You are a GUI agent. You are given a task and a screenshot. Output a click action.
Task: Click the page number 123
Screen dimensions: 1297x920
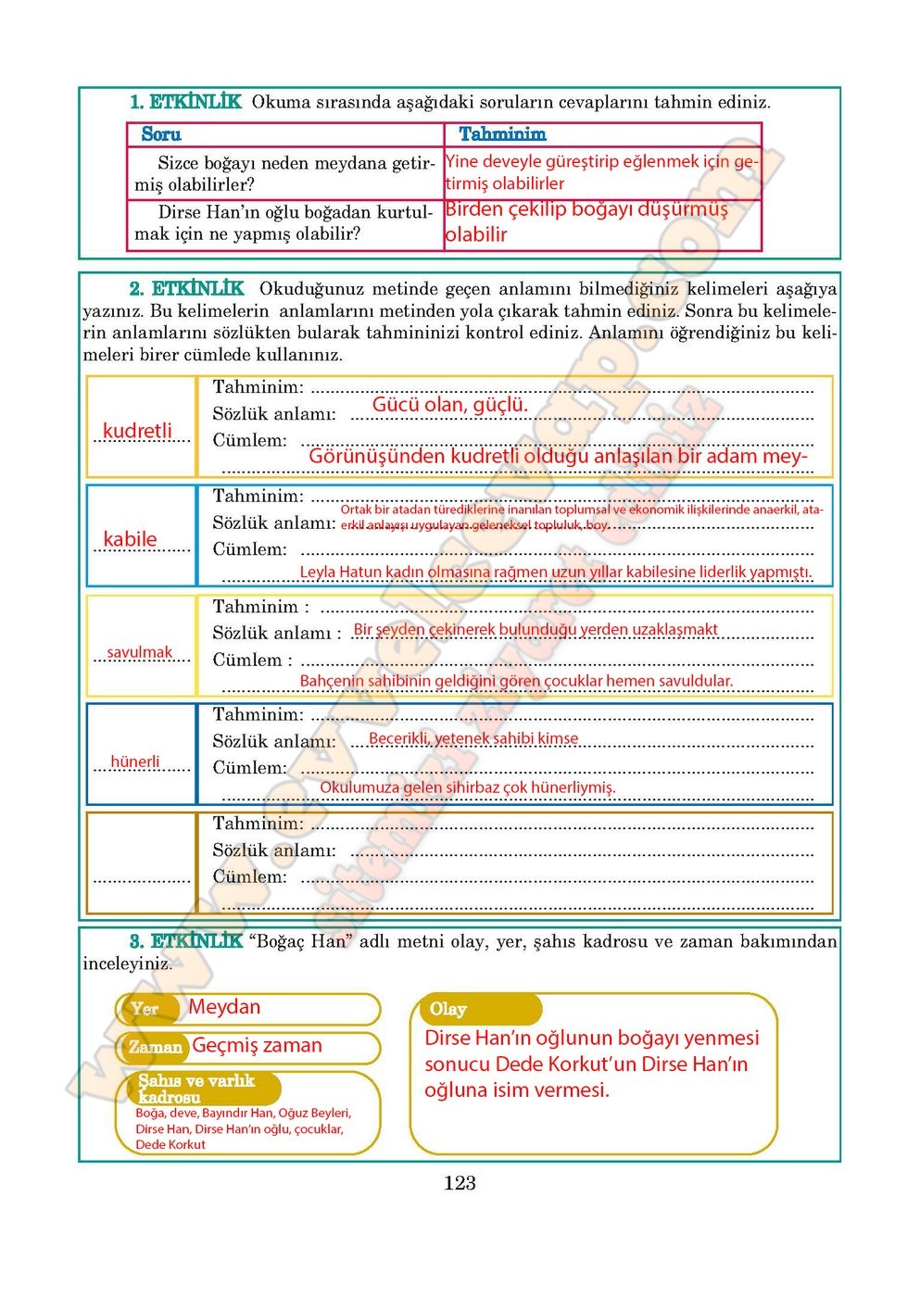tap(460, 1183)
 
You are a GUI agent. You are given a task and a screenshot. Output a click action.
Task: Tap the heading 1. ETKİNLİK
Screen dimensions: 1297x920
tap(185, 102)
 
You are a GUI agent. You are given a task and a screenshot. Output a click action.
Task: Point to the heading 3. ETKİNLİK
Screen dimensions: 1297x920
tap(186, 941)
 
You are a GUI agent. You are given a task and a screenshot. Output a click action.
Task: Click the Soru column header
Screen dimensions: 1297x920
tap(161, 134)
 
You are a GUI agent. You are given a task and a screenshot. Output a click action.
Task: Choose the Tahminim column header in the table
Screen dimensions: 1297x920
tap(502, 134)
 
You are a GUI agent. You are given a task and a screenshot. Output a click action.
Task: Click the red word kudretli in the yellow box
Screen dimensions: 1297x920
tap(137, 431)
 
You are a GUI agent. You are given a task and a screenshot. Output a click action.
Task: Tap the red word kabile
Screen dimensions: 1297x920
tap(130, 539)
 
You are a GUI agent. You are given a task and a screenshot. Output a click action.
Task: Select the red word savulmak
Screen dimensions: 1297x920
tap(139, 652)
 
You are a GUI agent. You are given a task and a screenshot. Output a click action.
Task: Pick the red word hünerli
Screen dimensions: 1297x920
tap(135, 762)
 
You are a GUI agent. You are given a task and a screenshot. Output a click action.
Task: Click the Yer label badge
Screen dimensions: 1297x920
tap(145, 1009)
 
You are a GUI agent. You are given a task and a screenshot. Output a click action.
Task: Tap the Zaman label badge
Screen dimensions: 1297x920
tap(155, 1047)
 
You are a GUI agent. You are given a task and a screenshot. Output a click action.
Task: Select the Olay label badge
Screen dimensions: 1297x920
tap(448, 1009)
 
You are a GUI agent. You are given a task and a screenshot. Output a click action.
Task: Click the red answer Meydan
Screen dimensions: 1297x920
tap(224, 1007)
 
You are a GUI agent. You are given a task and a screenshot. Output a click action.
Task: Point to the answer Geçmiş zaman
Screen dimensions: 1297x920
tap(257, 1046)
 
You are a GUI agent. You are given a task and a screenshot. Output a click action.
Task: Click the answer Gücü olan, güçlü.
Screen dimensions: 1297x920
tap(449, 405)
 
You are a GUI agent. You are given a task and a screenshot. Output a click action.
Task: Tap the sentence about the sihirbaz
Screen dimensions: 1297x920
tap(467, 787)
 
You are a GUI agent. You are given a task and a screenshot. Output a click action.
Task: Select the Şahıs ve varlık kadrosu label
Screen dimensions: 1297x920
tap(195, 1089)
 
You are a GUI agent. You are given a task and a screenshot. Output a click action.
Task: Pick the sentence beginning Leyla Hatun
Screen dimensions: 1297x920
tap(556, 573)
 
